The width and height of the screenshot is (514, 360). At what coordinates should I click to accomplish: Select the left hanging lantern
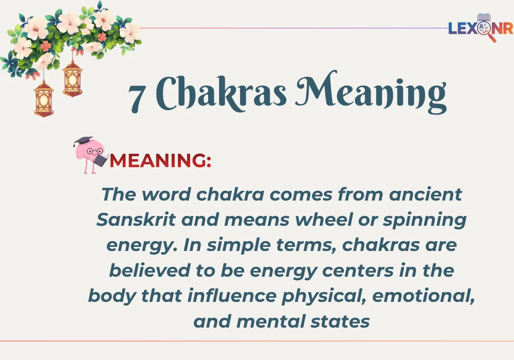(x=44, y=98)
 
